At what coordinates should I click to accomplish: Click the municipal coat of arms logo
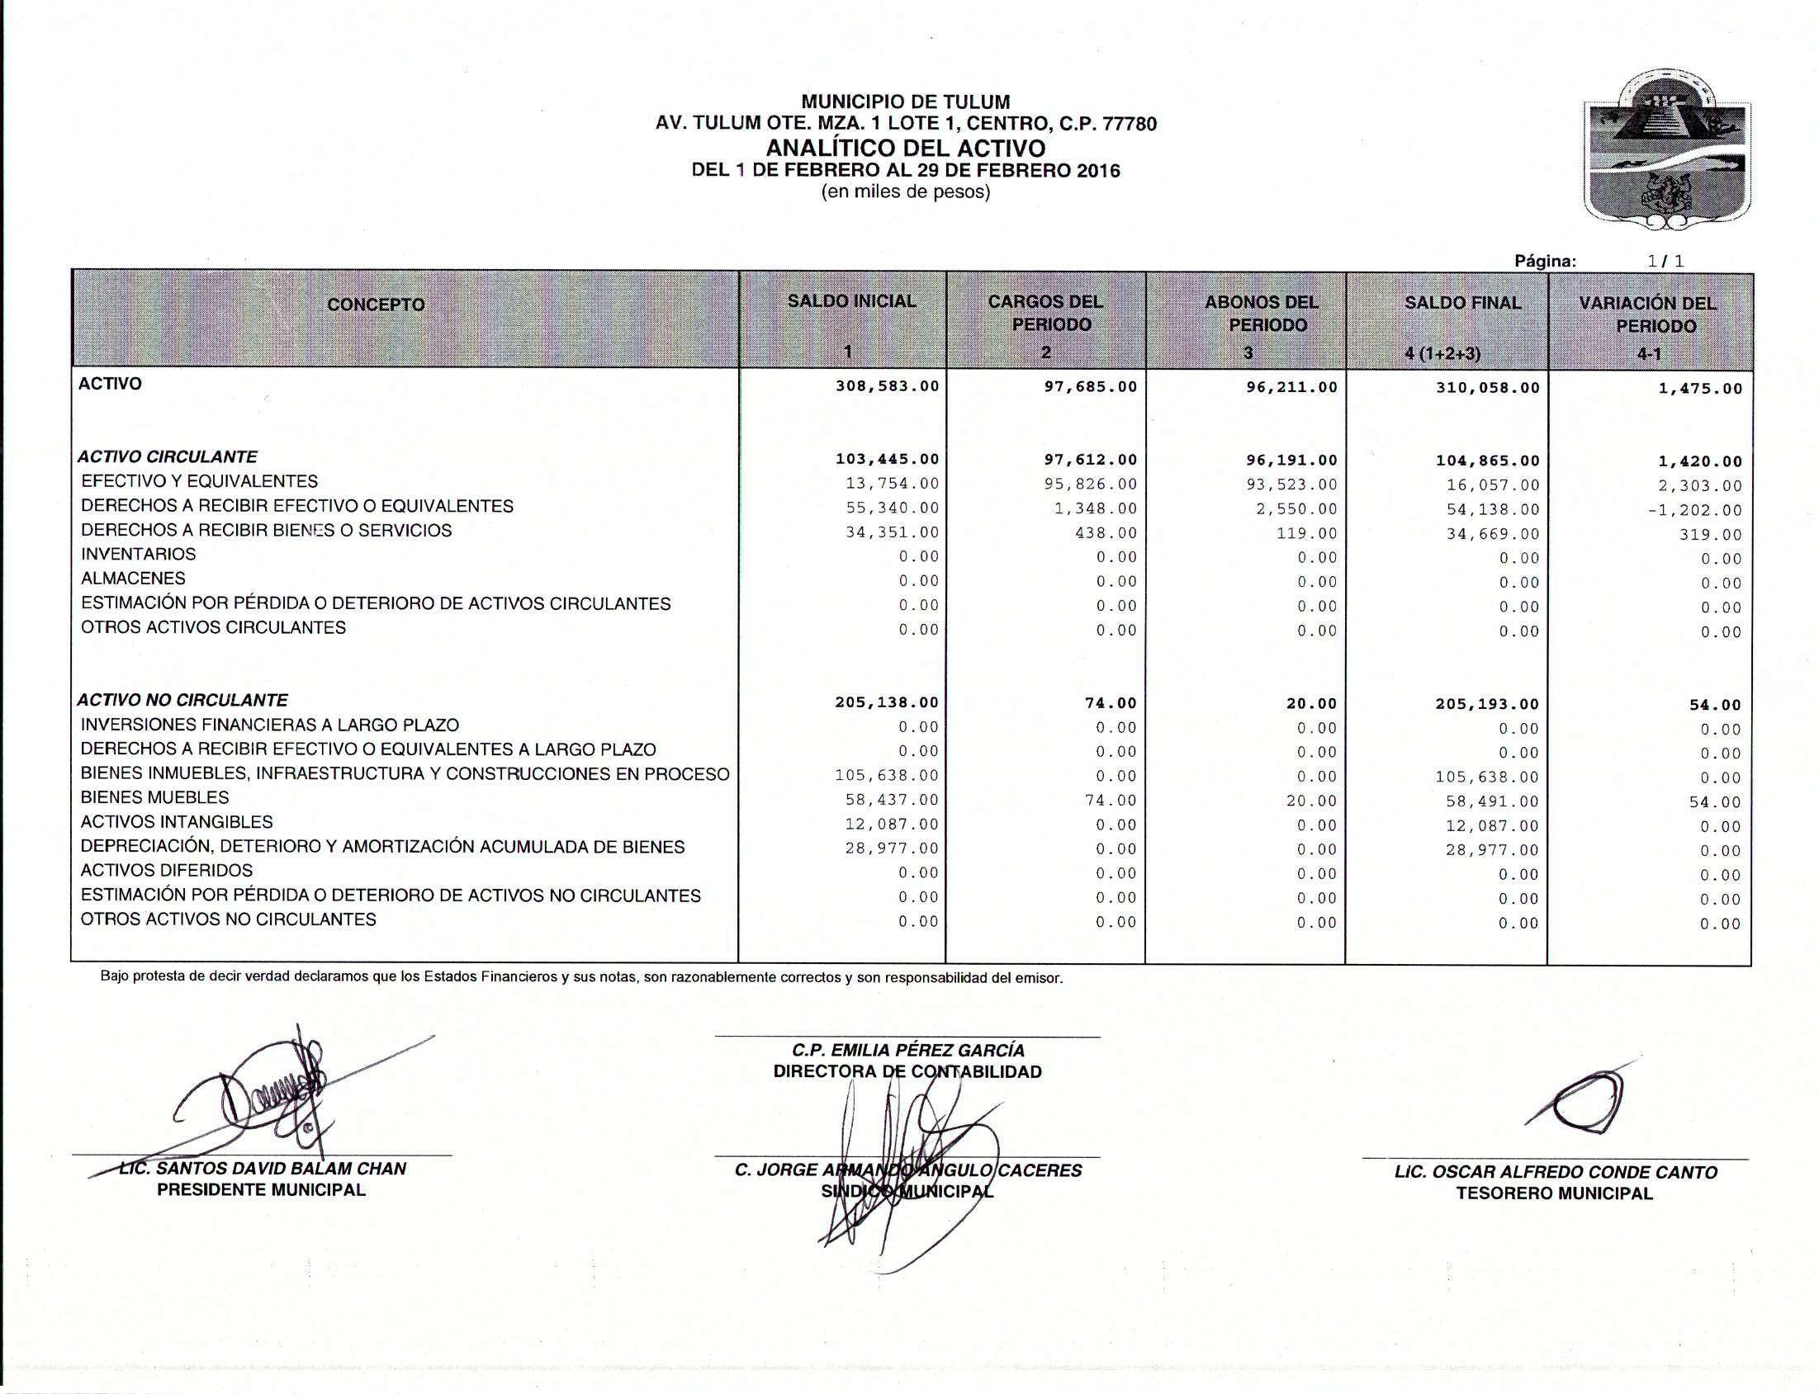click(x=1667, y=150)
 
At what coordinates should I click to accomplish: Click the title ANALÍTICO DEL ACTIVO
click(x=905, y=149)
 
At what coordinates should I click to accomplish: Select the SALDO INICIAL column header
click(x=852, y=301)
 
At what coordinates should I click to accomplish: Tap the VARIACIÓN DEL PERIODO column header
click(x=1648, y=314)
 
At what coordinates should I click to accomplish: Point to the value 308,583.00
click(x=887, y=386)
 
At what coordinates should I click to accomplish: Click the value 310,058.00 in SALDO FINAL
click(x=1487, y=388)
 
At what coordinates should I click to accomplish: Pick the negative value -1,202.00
click(x=1694, y=510)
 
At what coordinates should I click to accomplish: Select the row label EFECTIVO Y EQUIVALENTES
click(x=199, y=481)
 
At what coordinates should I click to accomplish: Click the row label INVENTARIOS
click(x=139, y=555)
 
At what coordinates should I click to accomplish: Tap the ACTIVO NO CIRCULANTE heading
click(x=182, y=701)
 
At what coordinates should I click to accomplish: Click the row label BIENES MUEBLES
click(x=154, y=797)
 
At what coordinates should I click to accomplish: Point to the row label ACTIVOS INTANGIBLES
click(x=177, y=822)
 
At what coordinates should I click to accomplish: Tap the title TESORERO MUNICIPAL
click(x=1554, y=1193)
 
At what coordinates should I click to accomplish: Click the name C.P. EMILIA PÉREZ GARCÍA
click(x=907, y=1051)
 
